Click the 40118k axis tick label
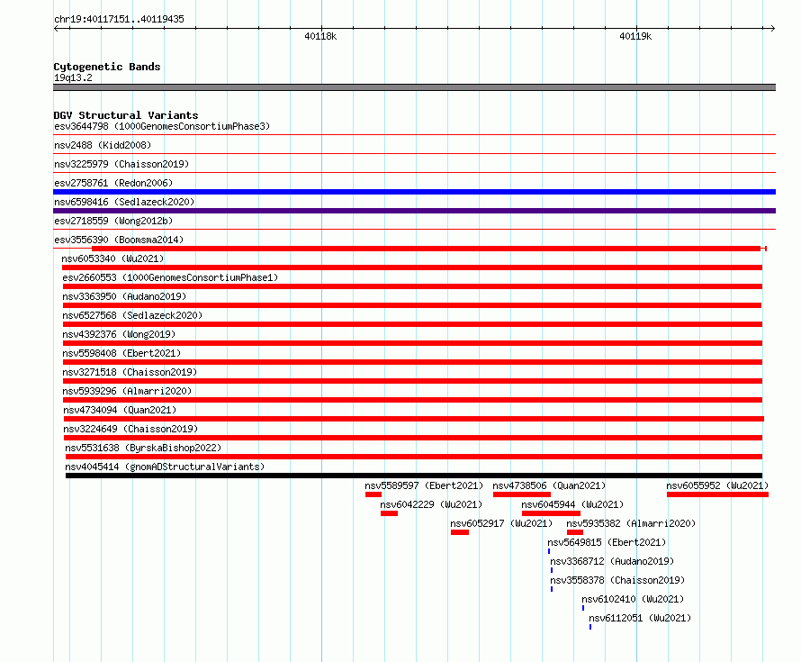coord(320,36)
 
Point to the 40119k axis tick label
coord(635,36)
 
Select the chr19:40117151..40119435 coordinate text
coord(119,20)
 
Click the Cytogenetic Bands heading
coord(107,67)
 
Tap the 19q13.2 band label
coord(73,77)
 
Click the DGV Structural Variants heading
coord(126,115)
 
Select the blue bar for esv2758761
coord(414,192)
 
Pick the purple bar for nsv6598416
coord(414,211)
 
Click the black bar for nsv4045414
coord(414,476)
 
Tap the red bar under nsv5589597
coord(373,494)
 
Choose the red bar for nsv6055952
coord(717,494)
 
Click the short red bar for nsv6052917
coord(460,532)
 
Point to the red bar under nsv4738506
coord(522,494)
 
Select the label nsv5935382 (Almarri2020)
coord(631,523)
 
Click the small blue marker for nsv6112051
coord(590,627)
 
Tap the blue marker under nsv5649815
coord(549,551)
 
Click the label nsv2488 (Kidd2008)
coord(103,145)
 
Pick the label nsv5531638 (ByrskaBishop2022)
coord(143,448)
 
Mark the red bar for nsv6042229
coord(390,513)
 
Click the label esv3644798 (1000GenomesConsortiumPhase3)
coord(162,126)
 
